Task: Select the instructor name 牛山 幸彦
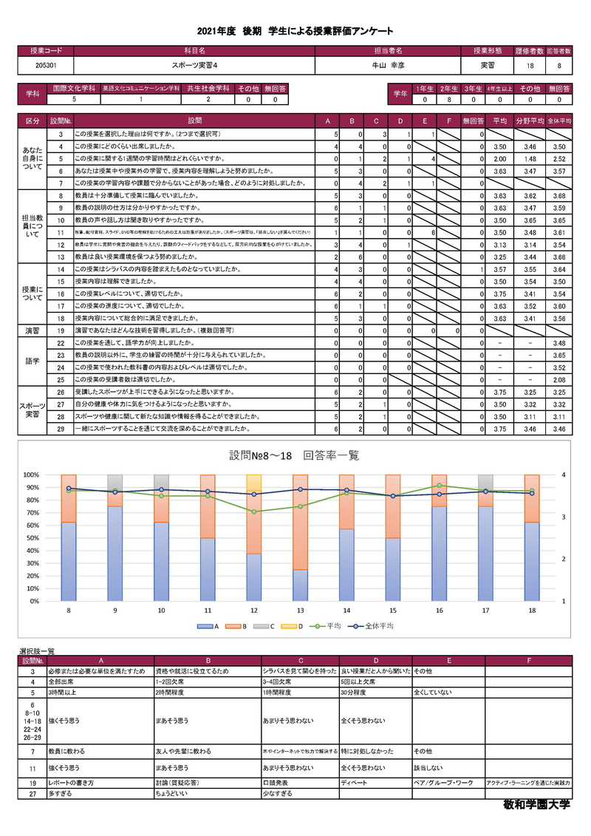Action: coord(388,65)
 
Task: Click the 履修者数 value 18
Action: coord(530,65)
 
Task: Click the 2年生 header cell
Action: coord(448,88)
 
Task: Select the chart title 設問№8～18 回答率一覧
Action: coord(295,455)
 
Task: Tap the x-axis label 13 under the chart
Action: coord(300,611)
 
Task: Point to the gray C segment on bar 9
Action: coord(115,482)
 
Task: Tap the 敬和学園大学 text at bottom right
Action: coord(536,805)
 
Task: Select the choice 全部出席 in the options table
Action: coord(64,682)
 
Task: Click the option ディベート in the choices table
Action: coord(353,782)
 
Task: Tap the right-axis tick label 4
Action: coord(564,475)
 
